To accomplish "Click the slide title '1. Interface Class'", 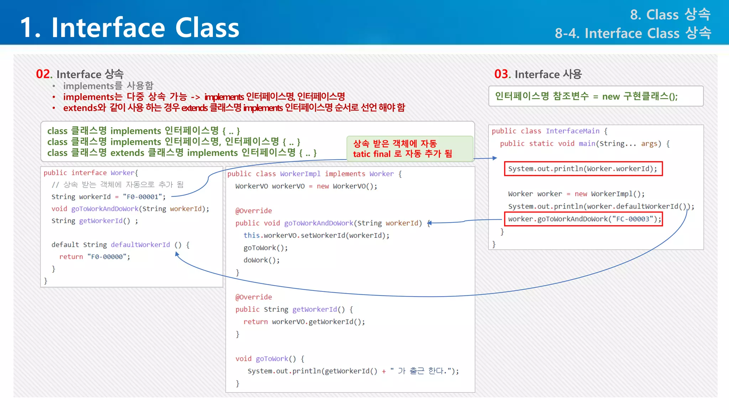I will coord(130,28).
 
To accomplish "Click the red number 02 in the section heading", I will coord(43,74).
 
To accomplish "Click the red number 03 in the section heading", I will coord(502,74).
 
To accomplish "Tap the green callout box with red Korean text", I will coord(409,149).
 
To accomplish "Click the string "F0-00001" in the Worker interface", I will coord(144,197).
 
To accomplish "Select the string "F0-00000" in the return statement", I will coord(108,257).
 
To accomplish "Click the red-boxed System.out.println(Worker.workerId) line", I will coord(583,169).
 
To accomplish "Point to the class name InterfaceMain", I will coord(572,131).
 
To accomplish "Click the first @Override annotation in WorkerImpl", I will coord(253,211).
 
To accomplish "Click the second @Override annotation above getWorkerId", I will coord(253,297).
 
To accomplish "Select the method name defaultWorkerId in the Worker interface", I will coord(140,245).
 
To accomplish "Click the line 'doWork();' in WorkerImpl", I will coord(262,260).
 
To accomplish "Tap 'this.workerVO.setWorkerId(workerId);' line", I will coord(316,236).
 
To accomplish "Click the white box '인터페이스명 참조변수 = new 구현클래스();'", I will coord(596,96).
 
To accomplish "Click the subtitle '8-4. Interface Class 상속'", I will coord(633,33).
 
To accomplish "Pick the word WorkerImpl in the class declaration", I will coord(300,174).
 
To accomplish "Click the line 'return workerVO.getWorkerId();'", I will coord(304,322).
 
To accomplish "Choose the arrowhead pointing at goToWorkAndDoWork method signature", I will coord(429,223).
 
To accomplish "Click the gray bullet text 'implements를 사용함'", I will coord(108,86).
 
